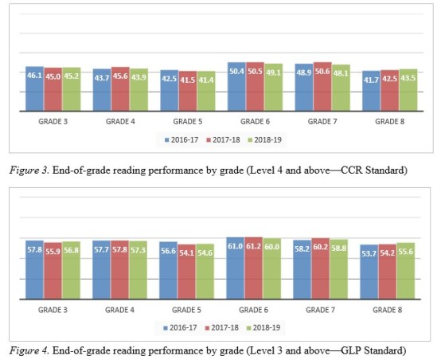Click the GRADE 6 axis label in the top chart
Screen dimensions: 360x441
pyautogui.click(x=255, y=121)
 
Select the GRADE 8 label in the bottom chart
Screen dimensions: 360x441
pyautogui.click(x=388, y=309)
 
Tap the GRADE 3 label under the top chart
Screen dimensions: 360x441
pyautogui.click(x=53, y=121)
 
